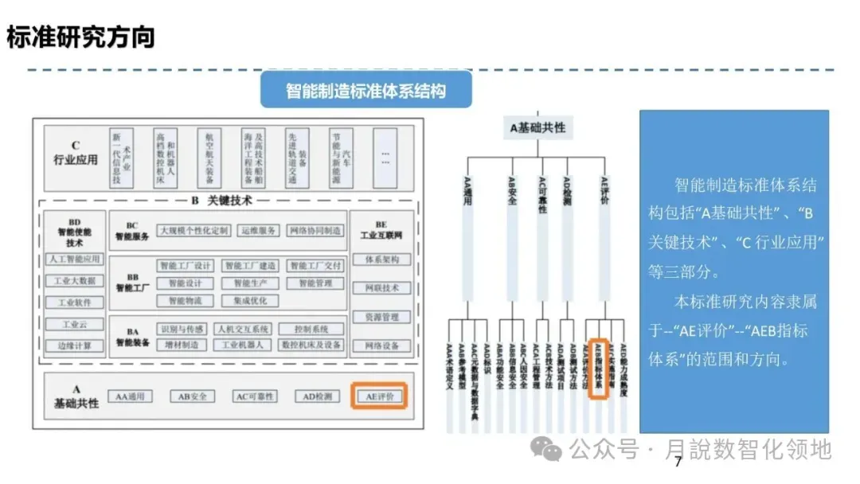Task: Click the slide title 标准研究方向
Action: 80,37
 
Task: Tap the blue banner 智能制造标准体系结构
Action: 365,90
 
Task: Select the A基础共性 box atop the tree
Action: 538,127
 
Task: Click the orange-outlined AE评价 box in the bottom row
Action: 380,396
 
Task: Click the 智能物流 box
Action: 186,301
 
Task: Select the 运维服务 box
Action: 258,231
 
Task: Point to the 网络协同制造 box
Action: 315,231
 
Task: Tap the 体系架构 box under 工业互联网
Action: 381,260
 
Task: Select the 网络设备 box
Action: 381,345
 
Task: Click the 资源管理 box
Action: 381,317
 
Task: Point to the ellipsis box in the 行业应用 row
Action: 385,158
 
